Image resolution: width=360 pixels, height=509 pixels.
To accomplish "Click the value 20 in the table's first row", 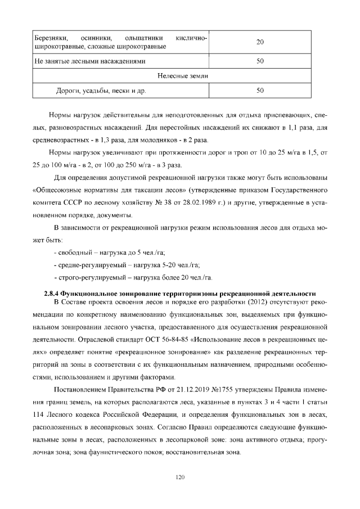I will point(260,42).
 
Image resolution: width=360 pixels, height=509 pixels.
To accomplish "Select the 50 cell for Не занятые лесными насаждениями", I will point(260,61).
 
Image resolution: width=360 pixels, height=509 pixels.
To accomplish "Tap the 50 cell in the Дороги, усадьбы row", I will point(260,90).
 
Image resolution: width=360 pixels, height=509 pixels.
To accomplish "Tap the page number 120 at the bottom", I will point(180,478).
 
